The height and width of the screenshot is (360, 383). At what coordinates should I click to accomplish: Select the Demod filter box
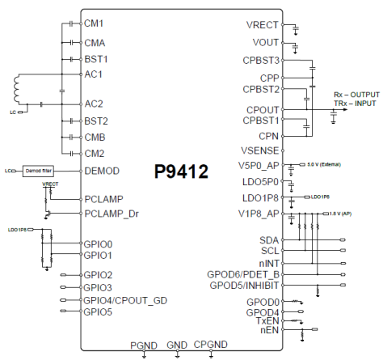coord(36,172)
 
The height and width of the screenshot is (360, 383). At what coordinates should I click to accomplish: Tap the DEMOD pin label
coord(103,172)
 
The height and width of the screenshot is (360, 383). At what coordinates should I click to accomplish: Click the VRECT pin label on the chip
coord(263,25)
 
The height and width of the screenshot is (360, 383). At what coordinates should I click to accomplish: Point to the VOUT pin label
coord(266,42)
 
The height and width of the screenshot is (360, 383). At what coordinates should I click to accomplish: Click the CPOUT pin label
coord(263,109)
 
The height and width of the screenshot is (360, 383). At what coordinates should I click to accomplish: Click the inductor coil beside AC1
coord(17,87)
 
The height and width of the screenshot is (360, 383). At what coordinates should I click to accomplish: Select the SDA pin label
coord(269,240)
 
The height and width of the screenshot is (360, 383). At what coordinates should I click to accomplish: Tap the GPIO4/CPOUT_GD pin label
coord(125,300)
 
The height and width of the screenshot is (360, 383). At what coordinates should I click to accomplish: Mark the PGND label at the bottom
coord(143,345)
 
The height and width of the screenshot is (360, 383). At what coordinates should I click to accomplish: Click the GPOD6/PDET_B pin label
coord(244,273)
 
